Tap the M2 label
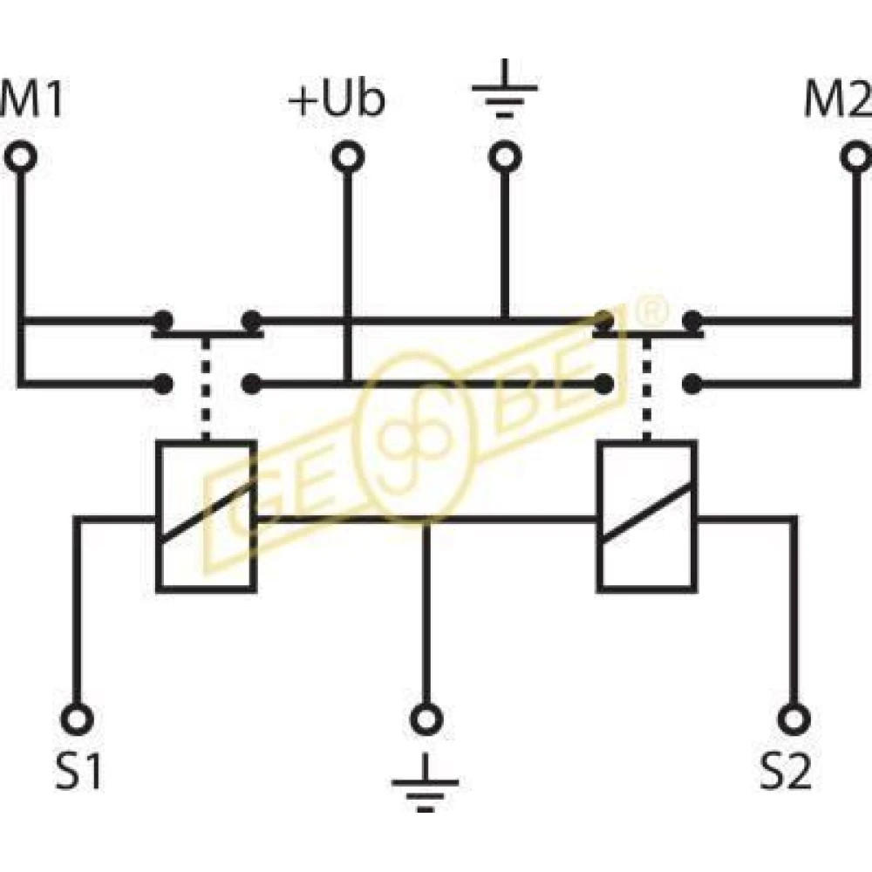[838, 101]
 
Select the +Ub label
[337, 101]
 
